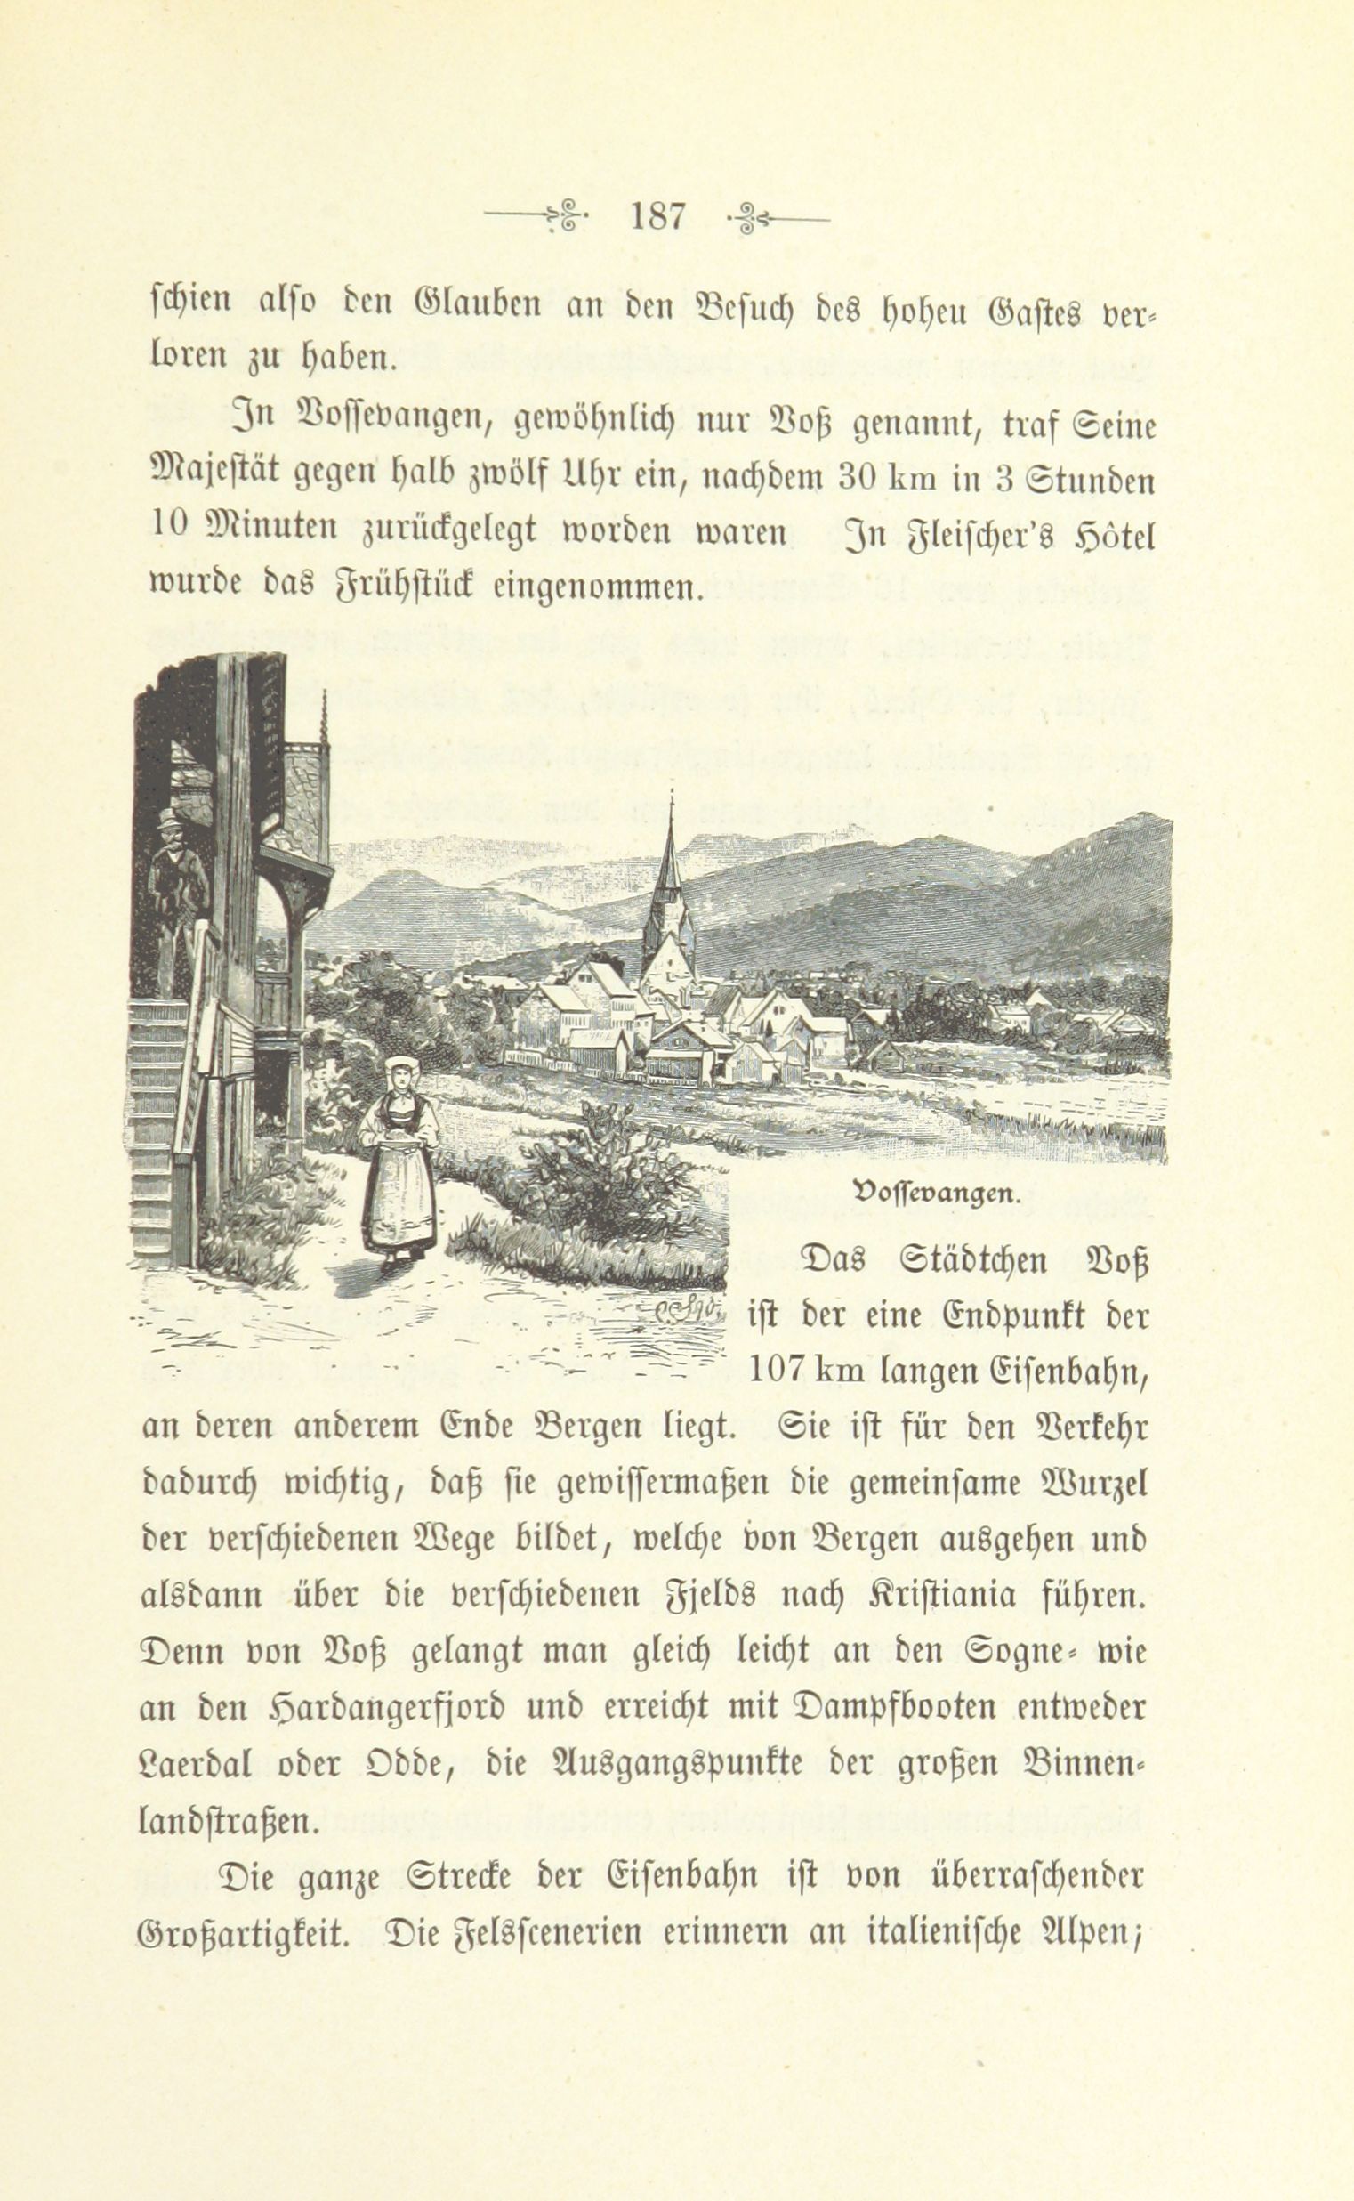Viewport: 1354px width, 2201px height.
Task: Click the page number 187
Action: coord(658,217)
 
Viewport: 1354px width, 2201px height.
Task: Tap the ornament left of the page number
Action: coord(536,217)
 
